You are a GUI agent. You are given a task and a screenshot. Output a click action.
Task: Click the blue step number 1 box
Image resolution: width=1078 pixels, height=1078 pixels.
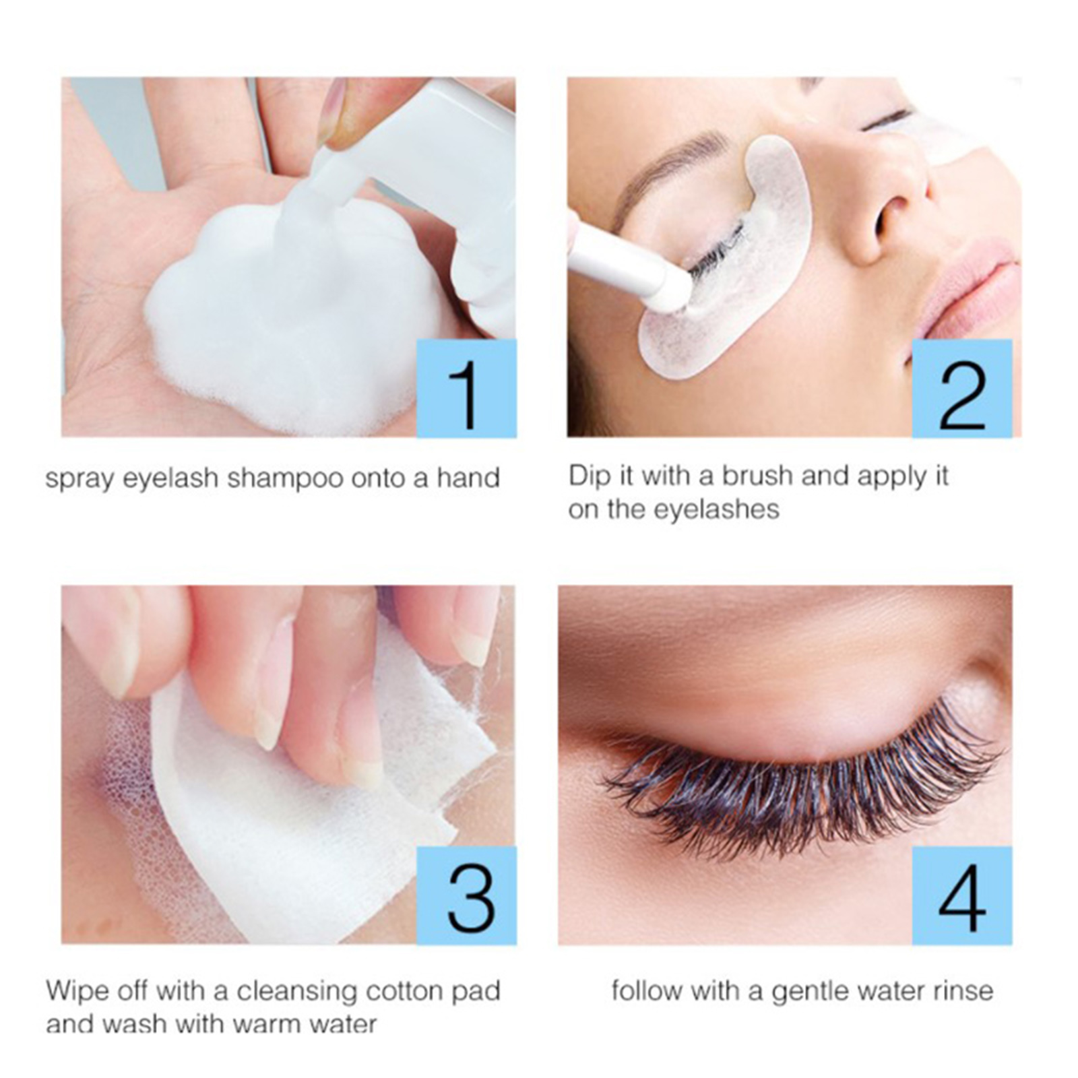[x=466, y=389]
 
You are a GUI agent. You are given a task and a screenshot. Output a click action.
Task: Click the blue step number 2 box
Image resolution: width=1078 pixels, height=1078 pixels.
[x=962, y=389]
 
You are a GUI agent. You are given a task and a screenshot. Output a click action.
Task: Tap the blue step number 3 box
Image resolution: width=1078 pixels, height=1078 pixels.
[x=466, y=895]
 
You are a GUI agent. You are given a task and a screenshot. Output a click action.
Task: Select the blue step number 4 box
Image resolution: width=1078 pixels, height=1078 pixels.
[x=962, y=895]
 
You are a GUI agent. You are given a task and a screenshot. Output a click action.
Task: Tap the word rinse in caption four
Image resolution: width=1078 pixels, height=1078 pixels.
[x=961, y=991]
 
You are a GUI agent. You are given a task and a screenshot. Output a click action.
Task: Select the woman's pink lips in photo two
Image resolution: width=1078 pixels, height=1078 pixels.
[x=970, y=290]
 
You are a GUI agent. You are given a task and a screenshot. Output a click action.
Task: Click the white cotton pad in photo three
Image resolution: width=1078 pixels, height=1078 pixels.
[x=303, y=808]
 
